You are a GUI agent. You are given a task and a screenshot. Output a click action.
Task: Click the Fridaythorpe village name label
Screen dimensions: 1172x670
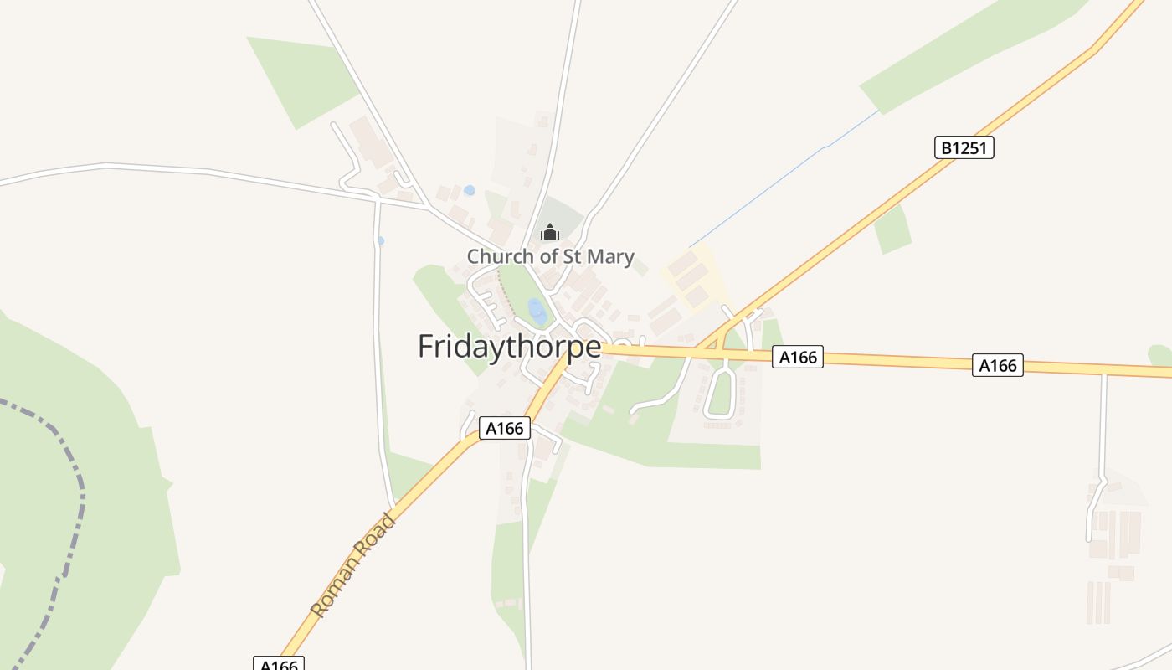(x=509, y=346)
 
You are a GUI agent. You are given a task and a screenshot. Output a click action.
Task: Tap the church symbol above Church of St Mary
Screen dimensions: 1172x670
(x=549, y=232)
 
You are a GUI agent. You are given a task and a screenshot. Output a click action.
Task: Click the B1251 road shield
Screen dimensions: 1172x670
(x=964, y=148)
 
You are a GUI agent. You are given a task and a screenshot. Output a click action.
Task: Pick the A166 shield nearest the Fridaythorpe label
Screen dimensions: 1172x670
(x=506, y=429)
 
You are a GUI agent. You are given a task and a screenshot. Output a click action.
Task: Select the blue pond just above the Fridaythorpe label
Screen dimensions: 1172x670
(x=537, y=312)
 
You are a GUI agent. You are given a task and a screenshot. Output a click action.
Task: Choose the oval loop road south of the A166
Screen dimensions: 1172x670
(x=720, y=394)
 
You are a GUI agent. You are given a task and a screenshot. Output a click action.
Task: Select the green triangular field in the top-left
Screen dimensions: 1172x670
(x=301, y=80)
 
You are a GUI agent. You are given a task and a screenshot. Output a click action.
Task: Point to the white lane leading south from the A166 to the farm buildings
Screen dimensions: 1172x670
(x=1103, y=427)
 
